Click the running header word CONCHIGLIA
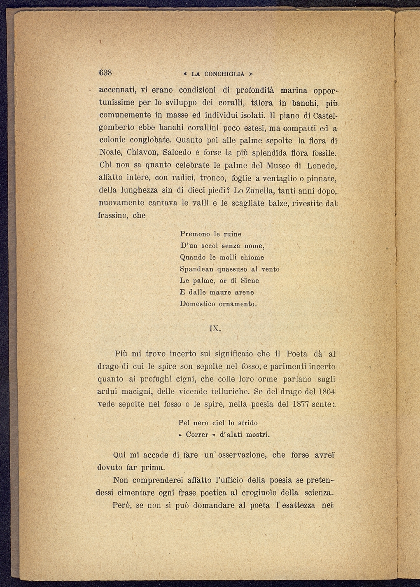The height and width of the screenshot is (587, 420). pos(224,74)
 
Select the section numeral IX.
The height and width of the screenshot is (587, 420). pos(215,329)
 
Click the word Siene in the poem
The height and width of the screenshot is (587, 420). pos(250,281)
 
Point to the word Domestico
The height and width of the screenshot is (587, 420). pos(198,304)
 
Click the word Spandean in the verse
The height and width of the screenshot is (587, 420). pos(197,269)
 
